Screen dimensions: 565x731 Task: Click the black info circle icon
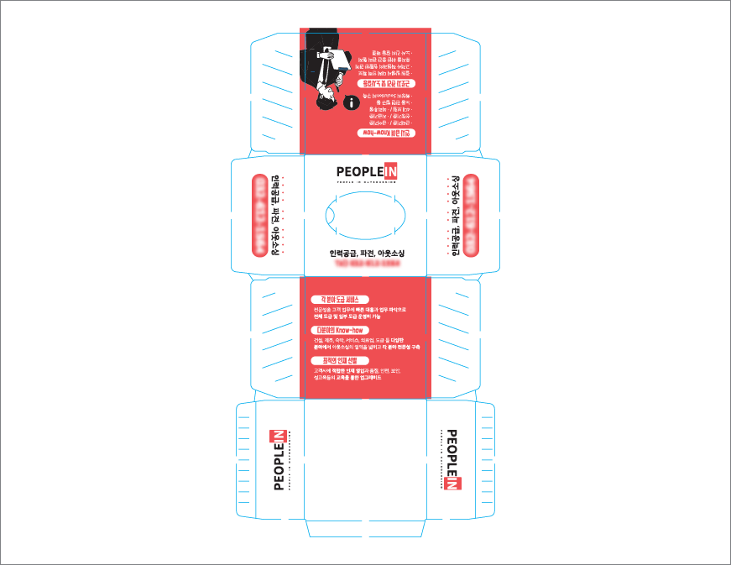pos(351,103)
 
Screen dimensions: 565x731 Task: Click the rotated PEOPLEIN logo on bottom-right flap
pos(452,459)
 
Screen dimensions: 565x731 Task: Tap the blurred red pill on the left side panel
pos(262,214)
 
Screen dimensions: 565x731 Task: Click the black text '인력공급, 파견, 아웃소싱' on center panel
pos(367,252)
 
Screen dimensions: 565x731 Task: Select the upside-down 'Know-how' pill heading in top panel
pos(386,133)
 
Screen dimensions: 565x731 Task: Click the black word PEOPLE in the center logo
pos(358,171)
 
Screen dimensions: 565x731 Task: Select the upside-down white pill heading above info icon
pos(386,83)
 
